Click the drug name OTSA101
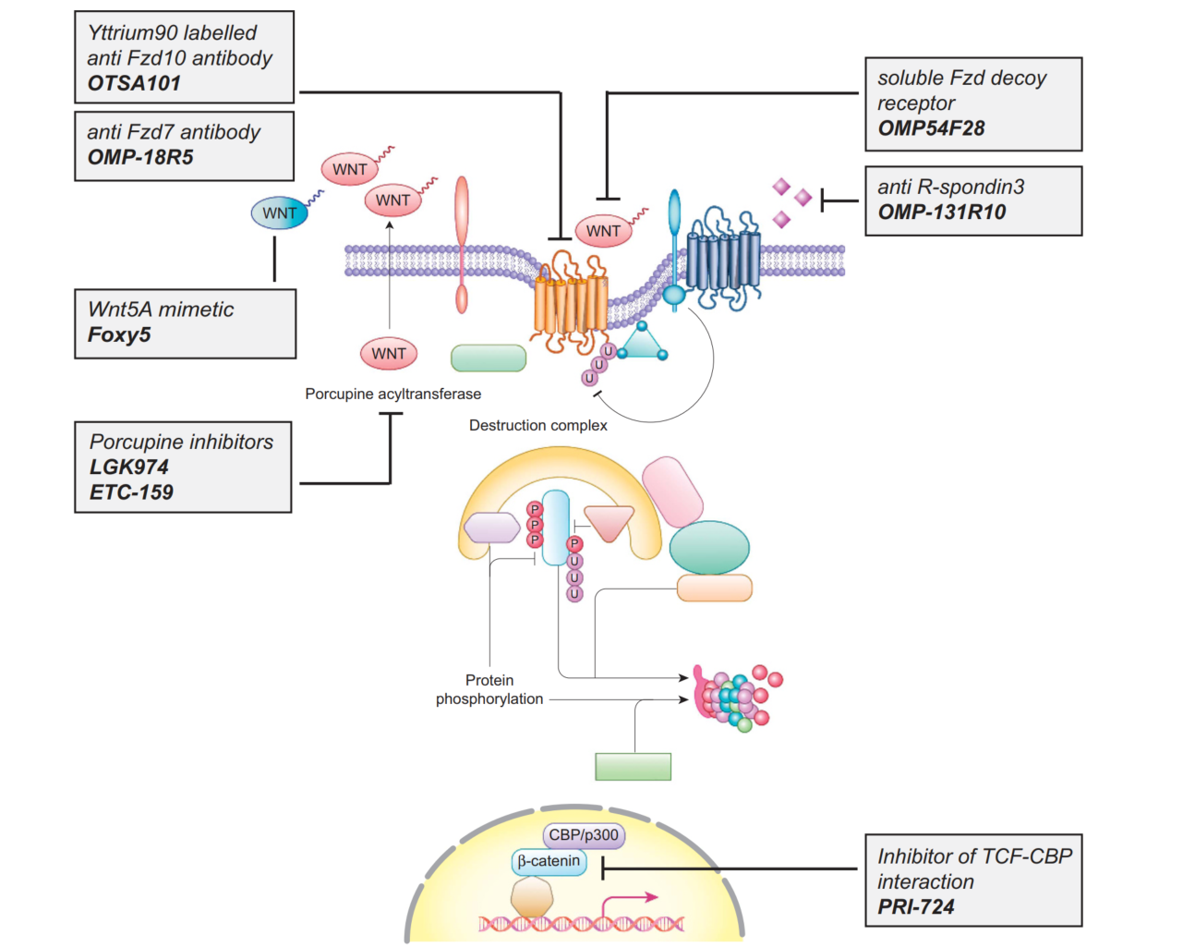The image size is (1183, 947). tap(134, 83)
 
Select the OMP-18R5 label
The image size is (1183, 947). tap(140, 157)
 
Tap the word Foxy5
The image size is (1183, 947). tap(119, 334)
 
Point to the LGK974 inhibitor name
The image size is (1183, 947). tap(129, 467)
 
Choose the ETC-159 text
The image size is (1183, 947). tap(131, 492)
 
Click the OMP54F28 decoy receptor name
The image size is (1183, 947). tap(931, 128)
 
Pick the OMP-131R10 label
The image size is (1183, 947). tap(942, 212)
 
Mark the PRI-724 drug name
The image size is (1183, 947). tap(916, 907)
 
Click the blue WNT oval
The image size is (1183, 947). tap(279, 213)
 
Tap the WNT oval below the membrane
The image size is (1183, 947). tap(389, 353)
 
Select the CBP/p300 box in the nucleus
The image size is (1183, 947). tap(584, 835)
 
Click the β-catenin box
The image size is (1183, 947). tap(549, 861)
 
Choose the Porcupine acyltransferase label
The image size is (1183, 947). tap(392, 394)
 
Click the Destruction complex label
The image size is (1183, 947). tap(537, 425)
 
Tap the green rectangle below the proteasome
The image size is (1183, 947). tap(634, 767)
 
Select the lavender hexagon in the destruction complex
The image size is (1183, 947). tap(492, 528)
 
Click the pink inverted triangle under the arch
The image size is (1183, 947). tap(610, 522)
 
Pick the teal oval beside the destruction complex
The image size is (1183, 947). tap(709, 547)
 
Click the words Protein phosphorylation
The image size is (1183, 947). tap(489, 690)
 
